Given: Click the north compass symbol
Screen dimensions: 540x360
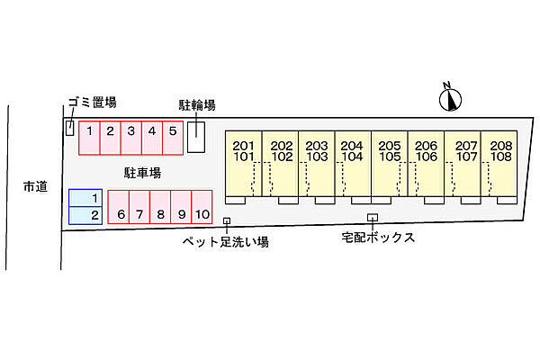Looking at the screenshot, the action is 450,98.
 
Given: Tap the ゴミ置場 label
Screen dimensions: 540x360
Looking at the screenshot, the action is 93,103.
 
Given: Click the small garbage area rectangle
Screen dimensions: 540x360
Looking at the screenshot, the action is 70,128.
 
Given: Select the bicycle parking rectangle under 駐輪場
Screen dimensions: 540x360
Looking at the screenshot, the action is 196,137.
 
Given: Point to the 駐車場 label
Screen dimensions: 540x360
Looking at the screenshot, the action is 142,173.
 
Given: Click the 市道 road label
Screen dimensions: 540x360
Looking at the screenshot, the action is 35,186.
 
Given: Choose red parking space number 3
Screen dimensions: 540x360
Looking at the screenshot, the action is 131,138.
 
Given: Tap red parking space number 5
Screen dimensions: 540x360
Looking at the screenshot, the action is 173,138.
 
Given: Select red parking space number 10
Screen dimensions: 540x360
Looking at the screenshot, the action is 202,207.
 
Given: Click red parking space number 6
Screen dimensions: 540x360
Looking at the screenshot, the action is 119,207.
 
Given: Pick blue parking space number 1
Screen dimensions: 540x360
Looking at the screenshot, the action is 85,198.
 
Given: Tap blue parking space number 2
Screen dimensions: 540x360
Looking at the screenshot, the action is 85,216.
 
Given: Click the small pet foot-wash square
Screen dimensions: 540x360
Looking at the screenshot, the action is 227,220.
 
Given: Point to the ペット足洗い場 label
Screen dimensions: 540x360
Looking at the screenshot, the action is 226,241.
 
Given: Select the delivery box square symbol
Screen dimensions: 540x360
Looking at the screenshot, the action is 373,218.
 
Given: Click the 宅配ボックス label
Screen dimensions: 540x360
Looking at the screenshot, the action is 378,238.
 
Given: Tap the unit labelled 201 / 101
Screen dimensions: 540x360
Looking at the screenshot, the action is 244,164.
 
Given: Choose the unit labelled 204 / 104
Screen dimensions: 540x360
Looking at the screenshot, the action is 353,164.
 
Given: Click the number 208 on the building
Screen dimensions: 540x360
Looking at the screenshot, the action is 501,146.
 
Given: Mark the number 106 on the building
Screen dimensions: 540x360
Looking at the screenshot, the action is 427,157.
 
